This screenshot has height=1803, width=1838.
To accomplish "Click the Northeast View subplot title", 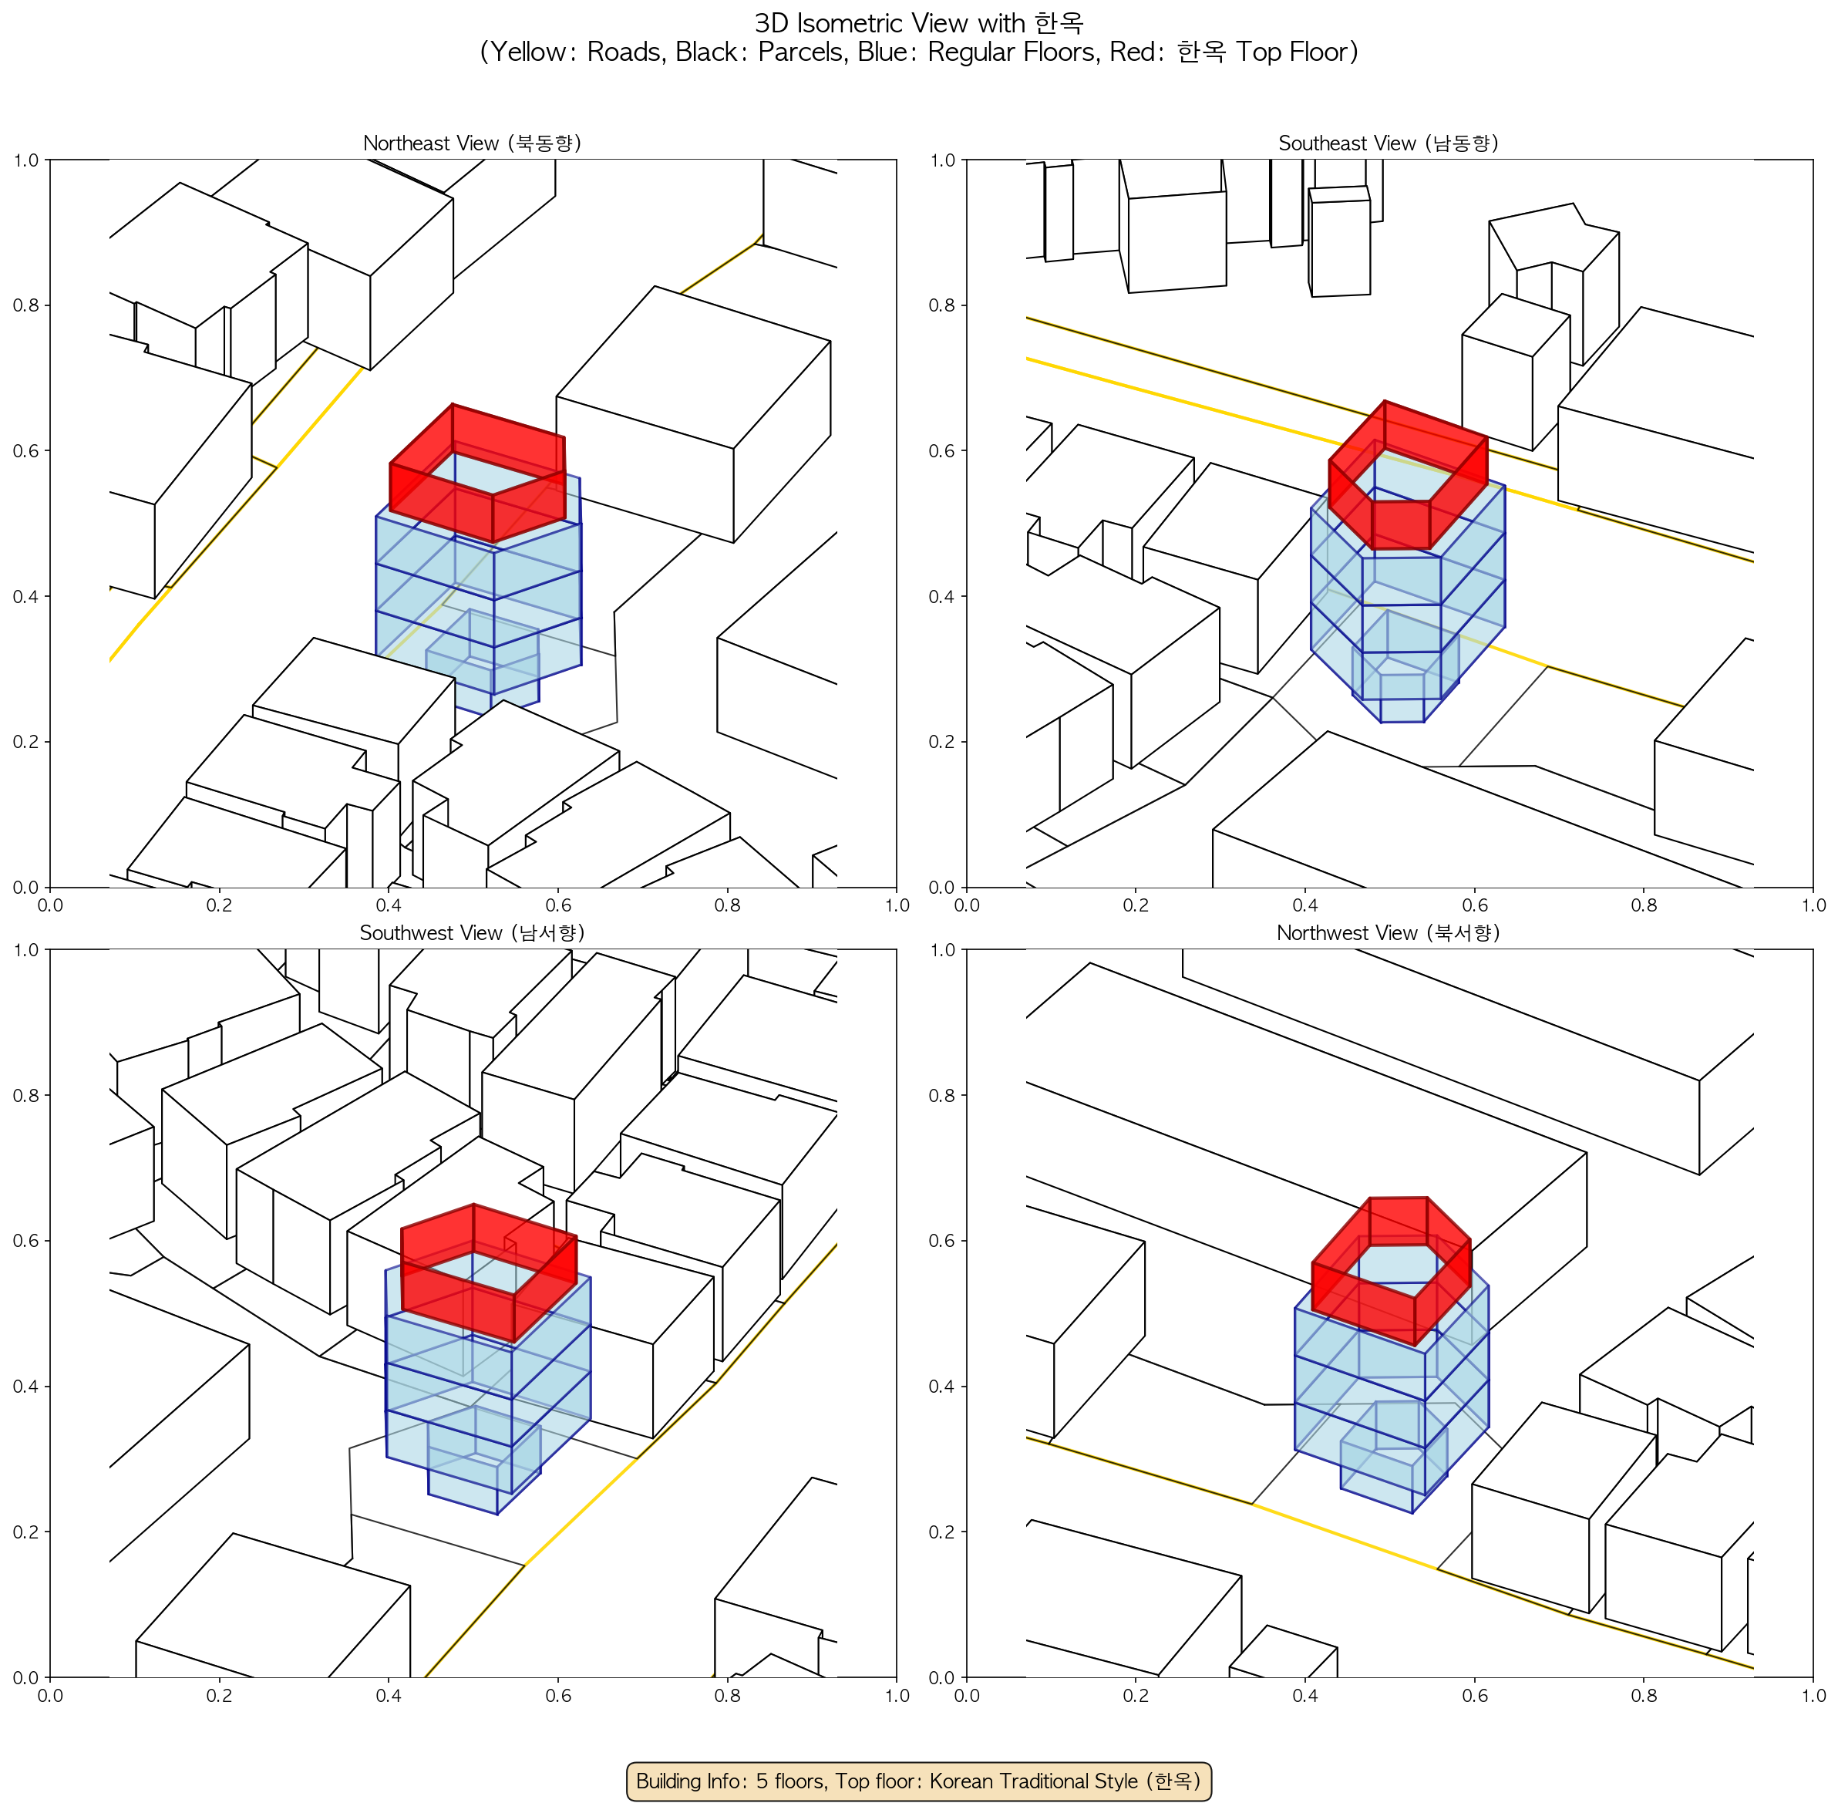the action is click(x=473, y=143).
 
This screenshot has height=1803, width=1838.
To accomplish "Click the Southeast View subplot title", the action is click(x=1389, y=143).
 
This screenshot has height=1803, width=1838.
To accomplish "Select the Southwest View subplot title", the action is click(x=473, y=933).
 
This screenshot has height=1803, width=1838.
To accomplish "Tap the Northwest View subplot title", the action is click(x=1389, y=933).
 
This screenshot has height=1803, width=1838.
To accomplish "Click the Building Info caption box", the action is click(x=918, y=1781).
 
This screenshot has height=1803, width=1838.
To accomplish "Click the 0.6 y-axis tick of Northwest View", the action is click(x=942, y=1242).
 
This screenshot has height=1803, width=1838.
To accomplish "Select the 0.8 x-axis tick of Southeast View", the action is click(x=1644, y=905).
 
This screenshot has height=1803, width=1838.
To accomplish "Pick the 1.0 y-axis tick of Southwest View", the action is click(x=25, y=950).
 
